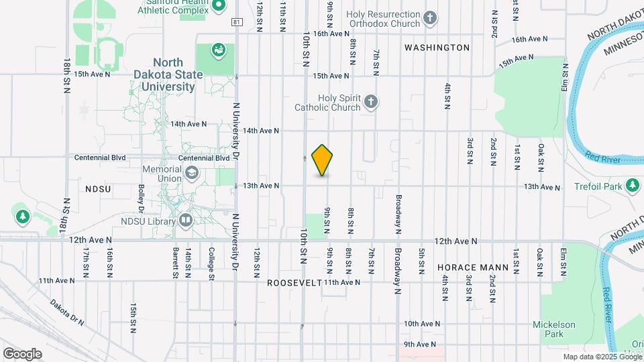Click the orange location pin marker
(323, 160)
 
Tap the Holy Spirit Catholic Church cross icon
(371, 103)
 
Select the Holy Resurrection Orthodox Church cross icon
(431, 18)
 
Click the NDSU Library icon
(186, 220)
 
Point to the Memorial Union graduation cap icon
(192, 174)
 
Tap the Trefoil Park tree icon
(632, 184)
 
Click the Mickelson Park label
(553, 329)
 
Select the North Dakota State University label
(168, 74)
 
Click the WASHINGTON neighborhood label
(437, 48)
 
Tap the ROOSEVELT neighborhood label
(294, 283)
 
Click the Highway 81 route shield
(237, 22)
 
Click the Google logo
(22, 353)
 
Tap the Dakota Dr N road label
(68, 312)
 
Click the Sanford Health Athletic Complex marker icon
(217, 6)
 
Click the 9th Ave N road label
(419, 345)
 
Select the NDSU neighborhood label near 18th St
(98, 190)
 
